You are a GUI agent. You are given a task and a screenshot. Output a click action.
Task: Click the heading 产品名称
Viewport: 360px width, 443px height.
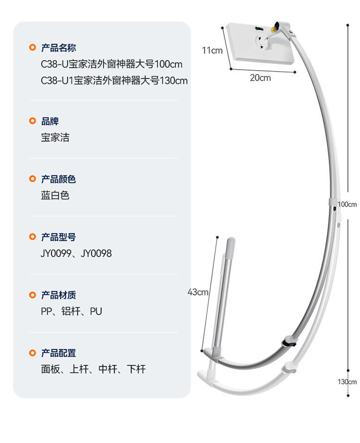pos(58,48)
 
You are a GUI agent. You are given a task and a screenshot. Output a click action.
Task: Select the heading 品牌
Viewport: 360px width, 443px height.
pos(49,122)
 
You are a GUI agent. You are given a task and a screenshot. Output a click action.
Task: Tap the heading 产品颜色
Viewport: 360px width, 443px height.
pos(58,179)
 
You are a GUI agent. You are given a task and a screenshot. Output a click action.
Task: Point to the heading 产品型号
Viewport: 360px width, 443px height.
pos(58,237)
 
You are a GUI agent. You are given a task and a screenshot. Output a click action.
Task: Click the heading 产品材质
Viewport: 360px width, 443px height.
pos(58,295)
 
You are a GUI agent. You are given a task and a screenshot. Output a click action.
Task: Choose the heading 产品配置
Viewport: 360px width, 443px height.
pos(58,353)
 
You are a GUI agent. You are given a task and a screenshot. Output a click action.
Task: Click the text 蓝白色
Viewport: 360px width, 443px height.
pos(55,196)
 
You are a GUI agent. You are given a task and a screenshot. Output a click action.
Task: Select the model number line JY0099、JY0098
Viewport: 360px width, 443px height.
pos(76,253)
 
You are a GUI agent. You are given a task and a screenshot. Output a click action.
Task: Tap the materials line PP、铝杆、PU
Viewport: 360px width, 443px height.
pos(72,311)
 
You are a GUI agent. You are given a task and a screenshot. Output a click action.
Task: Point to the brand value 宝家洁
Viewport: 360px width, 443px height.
pos(55,137)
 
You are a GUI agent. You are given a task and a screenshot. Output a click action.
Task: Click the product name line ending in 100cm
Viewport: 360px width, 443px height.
pos(112,64)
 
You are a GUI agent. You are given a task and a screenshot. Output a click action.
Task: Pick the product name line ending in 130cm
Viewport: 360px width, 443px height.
pos(114,80)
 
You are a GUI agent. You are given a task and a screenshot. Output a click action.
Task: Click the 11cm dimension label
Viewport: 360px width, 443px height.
pos(212,50)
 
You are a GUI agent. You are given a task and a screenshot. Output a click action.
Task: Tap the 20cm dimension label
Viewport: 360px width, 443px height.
pos(260,78)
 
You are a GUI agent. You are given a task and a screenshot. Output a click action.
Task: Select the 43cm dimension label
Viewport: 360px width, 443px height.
pos(197,292)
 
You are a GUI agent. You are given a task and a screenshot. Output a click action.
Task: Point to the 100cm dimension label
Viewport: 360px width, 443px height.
pos(347,204)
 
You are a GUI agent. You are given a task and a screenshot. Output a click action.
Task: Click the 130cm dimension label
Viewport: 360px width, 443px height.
pos(347,382)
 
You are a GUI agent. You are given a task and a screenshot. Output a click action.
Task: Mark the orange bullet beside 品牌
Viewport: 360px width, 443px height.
pos(33,121)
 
